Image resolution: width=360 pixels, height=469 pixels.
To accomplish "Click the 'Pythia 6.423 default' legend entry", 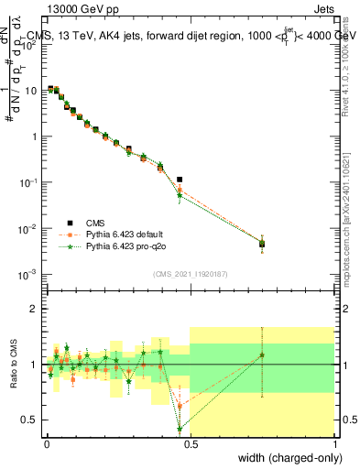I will pyautogui.click(x=127, y=234).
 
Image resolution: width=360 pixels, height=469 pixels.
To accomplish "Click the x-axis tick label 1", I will pyautogui.click(x=335, y=445).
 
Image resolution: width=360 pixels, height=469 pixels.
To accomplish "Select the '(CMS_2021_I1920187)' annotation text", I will pyautogui.click(x=190, y=273).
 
